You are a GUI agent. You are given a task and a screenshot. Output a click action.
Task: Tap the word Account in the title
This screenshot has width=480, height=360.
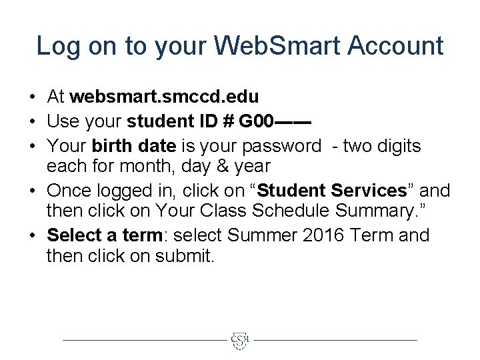(396, 46)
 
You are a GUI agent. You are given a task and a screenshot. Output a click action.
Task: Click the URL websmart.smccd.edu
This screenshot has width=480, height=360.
(164, 97)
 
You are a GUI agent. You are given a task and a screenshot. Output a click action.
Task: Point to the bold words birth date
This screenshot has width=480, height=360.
(134, 146)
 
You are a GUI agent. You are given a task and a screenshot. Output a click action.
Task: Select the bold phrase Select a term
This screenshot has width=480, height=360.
(105, 235)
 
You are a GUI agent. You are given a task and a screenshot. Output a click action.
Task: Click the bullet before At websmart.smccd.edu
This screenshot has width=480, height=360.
(33, 97)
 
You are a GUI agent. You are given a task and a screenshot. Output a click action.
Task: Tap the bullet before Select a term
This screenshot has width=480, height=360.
(33, 235)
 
